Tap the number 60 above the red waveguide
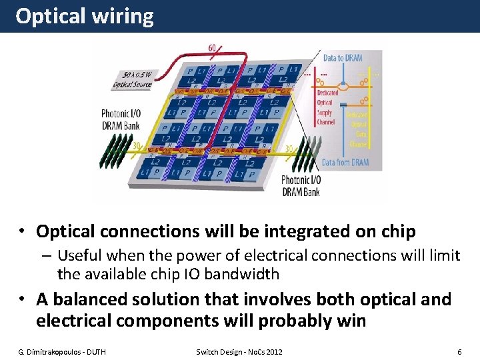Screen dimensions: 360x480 pos(212,48)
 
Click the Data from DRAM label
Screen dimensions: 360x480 pos(345,162)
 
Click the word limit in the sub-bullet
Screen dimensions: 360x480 pos(443,255)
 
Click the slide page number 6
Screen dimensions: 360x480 pos(459,351)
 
